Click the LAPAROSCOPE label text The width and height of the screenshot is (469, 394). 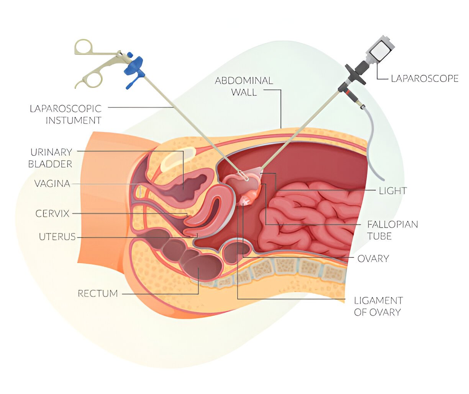(x=424, y=78)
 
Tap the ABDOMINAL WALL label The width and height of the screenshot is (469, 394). (x=244, y=86)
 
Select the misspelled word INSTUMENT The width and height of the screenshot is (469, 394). (x=73, y=120)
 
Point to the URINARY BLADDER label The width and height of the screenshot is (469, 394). (x=50, y=158)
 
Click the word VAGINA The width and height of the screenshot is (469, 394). (x=52, y=184)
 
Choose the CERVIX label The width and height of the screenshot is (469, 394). (x=52, y=213)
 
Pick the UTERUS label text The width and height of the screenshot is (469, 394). (x=57, y=237)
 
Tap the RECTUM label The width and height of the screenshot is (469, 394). (x=98, y=293)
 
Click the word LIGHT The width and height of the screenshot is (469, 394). (x=393, y=190)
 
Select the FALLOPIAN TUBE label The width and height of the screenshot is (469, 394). (x=392, y=230)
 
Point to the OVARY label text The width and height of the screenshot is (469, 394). (x=373, y=259)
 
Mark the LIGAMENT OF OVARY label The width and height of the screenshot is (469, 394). (x=378, y=306)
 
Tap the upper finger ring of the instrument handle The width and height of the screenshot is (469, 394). (x=84, y=47)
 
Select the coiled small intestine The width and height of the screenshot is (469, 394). (x=307, y=218)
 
